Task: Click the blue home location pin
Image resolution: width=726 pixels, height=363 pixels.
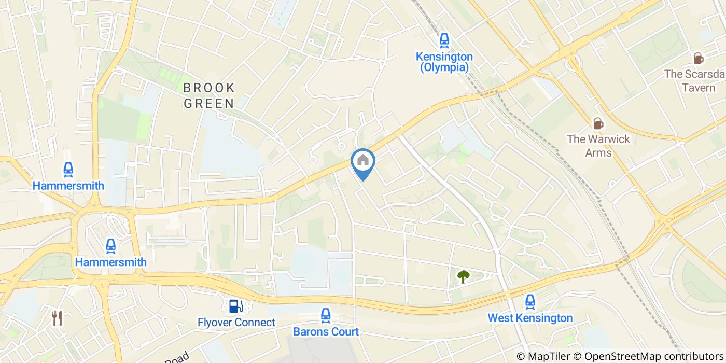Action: point(363,162)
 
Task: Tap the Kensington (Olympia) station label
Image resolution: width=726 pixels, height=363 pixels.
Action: point(444,62)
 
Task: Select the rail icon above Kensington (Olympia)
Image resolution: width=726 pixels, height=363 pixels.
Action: point(444,39)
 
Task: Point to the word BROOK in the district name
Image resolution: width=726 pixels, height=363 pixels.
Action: point(210,88)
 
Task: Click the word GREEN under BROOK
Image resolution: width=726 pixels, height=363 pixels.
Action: point(210,103)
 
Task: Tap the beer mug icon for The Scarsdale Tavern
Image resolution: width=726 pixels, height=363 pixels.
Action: point(699,58)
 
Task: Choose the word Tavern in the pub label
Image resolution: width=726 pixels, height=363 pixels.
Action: point(699,87)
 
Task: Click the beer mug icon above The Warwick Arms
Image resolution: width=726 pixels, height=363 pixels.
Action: point(598,123)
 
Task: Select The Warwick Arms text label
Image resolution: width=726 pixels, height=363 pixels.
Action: point(598,146)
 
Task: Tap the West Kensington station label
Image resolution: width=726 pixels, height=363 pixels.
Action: point(530,318)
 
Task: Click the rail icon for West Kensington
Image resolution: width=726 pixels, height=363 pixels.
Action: point(529,301)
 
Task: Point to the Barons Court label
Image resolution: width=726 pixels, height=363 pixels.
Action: point(326,331)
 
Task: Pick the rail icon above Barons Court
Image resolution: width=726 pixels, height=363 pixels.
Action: point(326,314)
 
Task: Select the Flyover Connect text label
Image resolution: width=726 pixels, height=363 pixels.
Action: point(236,323)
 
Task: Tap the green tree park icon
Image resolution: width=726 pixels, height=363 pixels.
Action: point(463,276)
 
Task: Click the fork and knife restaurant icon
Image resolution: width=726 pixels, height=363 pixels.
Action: point(57,318)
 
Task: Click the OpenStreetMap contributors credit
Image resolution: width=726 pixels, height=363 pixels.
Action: point(654,356)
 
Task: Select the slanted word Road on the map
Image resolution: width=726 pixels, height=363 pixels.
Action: point(178,357)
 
